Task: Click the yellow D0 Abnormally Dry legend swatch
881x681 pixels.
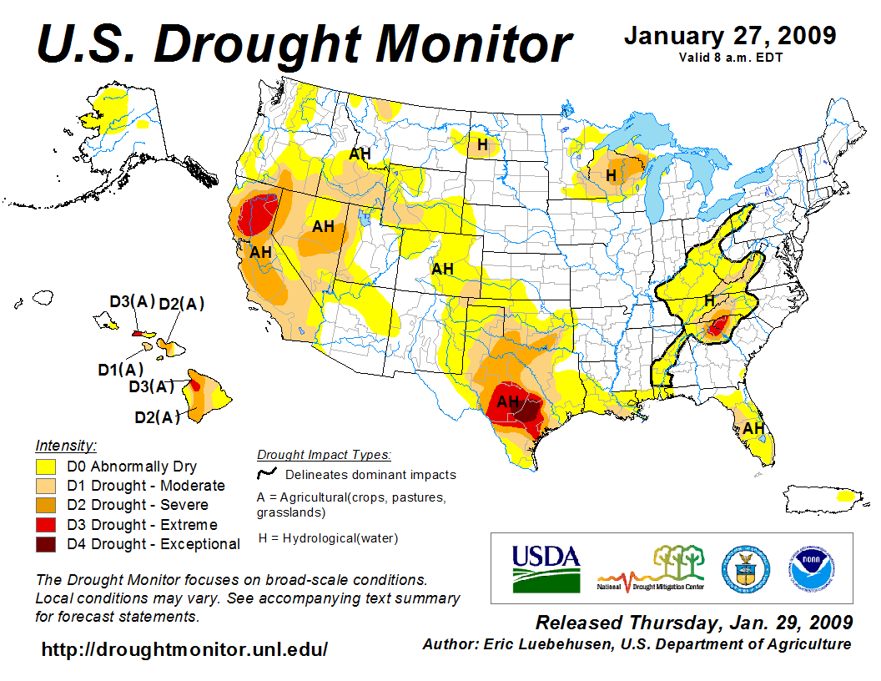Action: [46, 467]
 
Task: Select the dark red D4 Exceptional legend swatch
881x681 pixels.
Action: [46, 544]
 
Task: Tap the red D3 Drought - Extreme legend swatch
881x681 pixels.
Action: [46, 525]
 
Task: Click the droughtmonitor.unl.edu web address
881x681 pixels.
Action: [184, 648]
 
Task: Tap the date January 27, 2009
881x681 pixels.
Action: [730, 36]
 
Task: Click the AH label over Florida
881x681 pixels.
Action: [754, 428]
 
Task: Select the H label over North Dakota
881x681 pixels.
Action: [482, 145]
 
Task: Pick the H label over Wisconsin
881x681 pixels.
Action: [611, 175]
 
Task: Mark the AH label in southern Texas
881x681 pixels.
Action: [508, 401]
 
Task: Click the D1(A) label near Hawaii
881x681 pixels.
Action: [120, 369]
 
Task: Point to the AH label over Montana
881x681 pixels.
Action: [360, 154]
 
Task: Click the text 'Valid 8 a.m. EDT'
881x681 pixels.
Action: [729, 57]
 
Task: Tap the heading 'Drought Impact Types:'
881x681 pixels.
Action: [324, 455]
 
